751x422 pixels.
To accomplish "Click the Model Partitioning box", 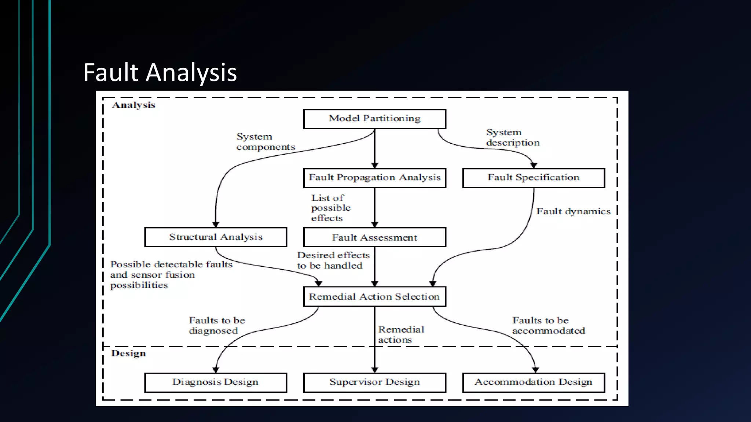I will tap(374, 119).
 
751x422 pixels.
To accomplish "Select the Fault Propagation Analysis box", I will tap(374, 178).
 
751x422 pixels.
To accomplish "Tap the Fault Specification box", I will tap(534, 178).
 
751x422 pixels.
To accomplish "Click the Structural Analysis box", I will tap(216, 237).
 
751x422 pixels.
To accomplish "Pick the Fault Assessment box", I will tap(374, 237).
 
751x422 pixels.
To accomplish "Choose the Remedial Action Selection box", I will tap(374, 296).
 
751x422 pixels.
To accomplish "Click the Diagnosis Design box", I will tap(216, 382).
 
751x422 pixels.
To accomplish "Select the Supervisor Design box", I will tap(374, 382).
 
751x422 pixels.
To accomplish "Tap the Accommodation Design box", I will tap(534, 382).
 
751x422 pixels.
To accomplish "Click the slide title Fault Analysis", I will tap(160, 72).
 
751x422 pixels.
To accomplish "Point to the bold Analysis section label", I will tap(133, 105).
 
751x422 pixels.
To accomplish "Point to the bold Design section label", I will tap(128, 353).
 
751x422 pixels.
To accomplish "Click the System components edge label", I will tap(265, 142).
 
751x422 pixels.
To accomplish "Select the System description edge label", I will tap(513, 137).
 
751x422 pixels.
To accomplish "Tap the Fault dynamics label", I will tap(573, 211).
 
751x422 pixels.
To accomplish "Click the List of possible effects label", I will tap(331, 208).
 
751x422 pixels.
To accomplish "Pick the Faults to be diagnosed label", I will tap(217, 325).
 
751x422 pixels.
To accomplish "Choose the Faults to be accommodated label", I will tap(548, 325).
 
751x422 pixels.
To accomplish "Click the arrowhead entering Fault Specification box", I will tap(534, 166).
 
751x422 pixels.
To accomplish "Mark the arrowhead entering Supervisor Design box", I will tap(374, 370).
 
